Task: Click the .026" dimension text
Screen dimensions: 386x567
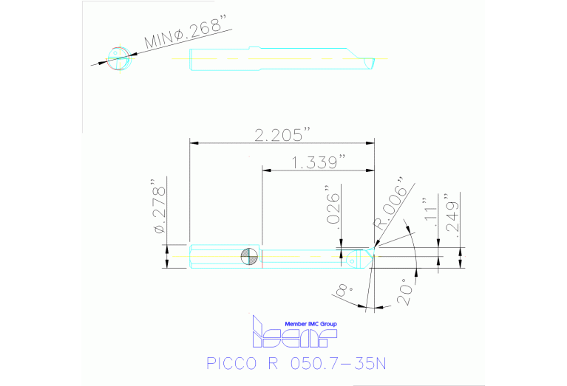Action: pos(335,210)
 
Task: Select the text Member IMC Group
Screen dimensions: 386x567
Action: pos(310,323)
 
